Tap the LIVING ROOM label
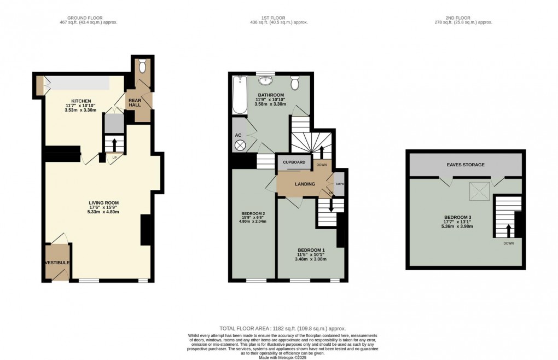[104, 202]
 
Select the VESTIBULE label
[57, 263]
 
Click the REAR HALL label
[135, 102]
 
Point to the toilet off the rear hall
[142, 67]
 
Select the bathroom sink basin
[266, 82]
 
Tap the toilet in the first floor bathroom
[294, 83]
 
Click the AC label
[238, 135]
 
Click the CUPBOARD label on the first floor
[294, 162]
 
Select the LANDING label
[305, 184]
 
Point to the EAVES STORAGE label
[466, 163]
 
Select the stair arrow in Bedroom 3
[508, 230]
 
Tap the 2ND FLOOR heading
[465, 18]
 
